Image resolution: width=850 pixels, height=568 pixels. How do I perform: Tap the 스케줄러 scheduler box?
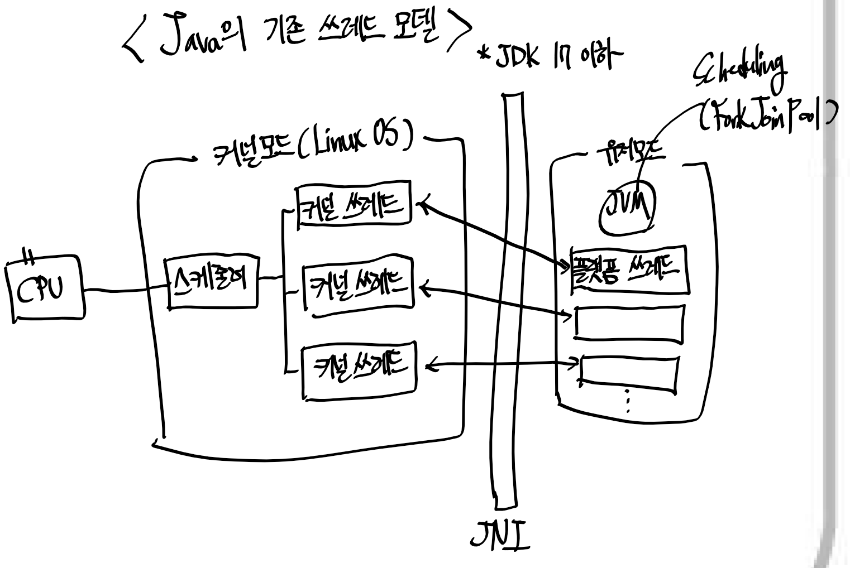click(x=212, y=282)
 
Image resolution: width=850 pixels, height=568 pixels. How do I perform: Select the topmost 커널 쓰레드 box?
click(x=354, y=205)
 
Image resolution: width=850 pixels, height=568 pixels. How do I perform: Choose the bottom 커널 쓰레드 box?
click(x=359, y=370)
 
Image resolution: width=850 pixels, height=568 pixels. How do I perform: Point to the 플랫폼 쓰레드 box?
click(x=629, y=270)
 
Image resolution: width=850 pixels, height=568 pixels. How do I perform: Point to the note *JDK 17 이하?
click(x=547, y=55)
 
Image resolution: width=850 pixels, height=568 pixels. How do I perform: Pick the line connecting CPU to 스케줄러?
click(x=126, y=289)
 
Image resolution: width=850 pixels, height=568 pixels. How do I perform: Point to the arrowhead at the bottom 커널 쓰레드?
click(x=429, y=367)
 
